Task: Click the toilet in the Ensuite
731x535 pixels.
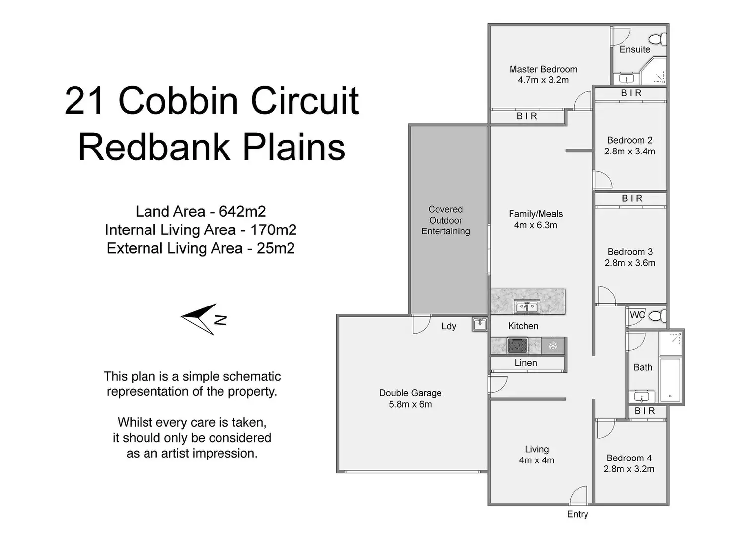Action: pyautogui.click(x=658, y=40)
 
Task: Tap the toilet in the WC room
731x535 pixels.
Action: pyautogui.click(x=658, y=316)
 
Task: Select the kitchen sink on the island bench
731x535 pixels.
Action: pyautogui.click(x=527, y=307)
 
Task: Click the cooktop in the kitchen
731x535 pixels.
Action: pyautogui.click(x=517, y=346)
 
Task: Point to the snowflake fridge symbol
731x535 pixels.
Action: pyautogui.click(x=553, y=346)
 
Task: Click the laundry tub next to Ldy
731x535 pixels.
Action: pyautogui.click(x=480, y=325)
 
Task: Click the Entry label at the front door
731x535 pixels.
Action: pyautogui.click(x=577, y=514)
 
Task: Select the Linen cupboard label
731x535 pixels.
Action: pyautogui.click(x=526, y=362)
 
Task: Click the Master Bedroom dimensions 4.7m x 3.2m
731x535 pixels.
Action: pyautogui.click(x=543, y=80)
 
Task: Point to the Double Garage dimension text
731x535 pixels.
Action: pyautogui.click(x=410, y=404)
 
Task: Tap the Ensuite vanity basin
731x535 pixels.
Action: pyautogui.click(x=626, y=78)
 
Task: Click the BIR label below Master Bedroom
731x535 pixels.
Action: pyautogui.click(x=527, y=116)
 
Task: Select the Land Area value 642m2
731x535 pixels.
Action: pyautogui.click(x=242, y=212)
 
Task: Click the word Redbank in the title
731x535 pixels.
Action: pyautogui.click(x=154, y=147)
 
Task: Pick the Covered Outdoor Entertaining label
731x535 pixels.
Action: pyautogui.click(x=445, y=220)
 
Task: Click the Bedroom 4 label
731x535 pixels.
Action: pyautogui.click(x=629, y=458)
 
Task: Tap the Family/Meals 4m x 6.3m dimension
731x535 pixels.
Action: pyautogui.click(x=535, y=225)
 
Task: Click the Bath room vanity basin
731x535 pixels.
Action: pyautogui.click(x=641, y=397)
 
